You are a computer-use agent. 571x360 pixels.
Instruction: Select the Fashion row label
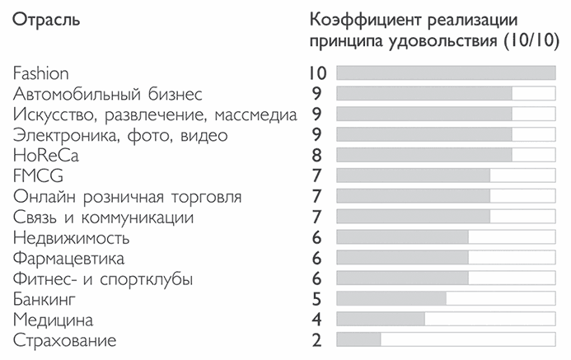pyautogui.click(x=41, y=73)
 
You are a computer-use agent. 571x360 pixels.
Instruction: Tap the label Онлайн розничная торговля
pyautogui.click(x=128, y=197)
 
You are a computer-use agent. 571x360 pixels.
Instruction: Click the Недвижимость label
pyautogui.click(x=72, y=238)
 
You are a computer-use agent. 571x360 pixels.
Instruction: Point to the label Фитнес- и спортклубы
pyautogui.click(x=104, y=278)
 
